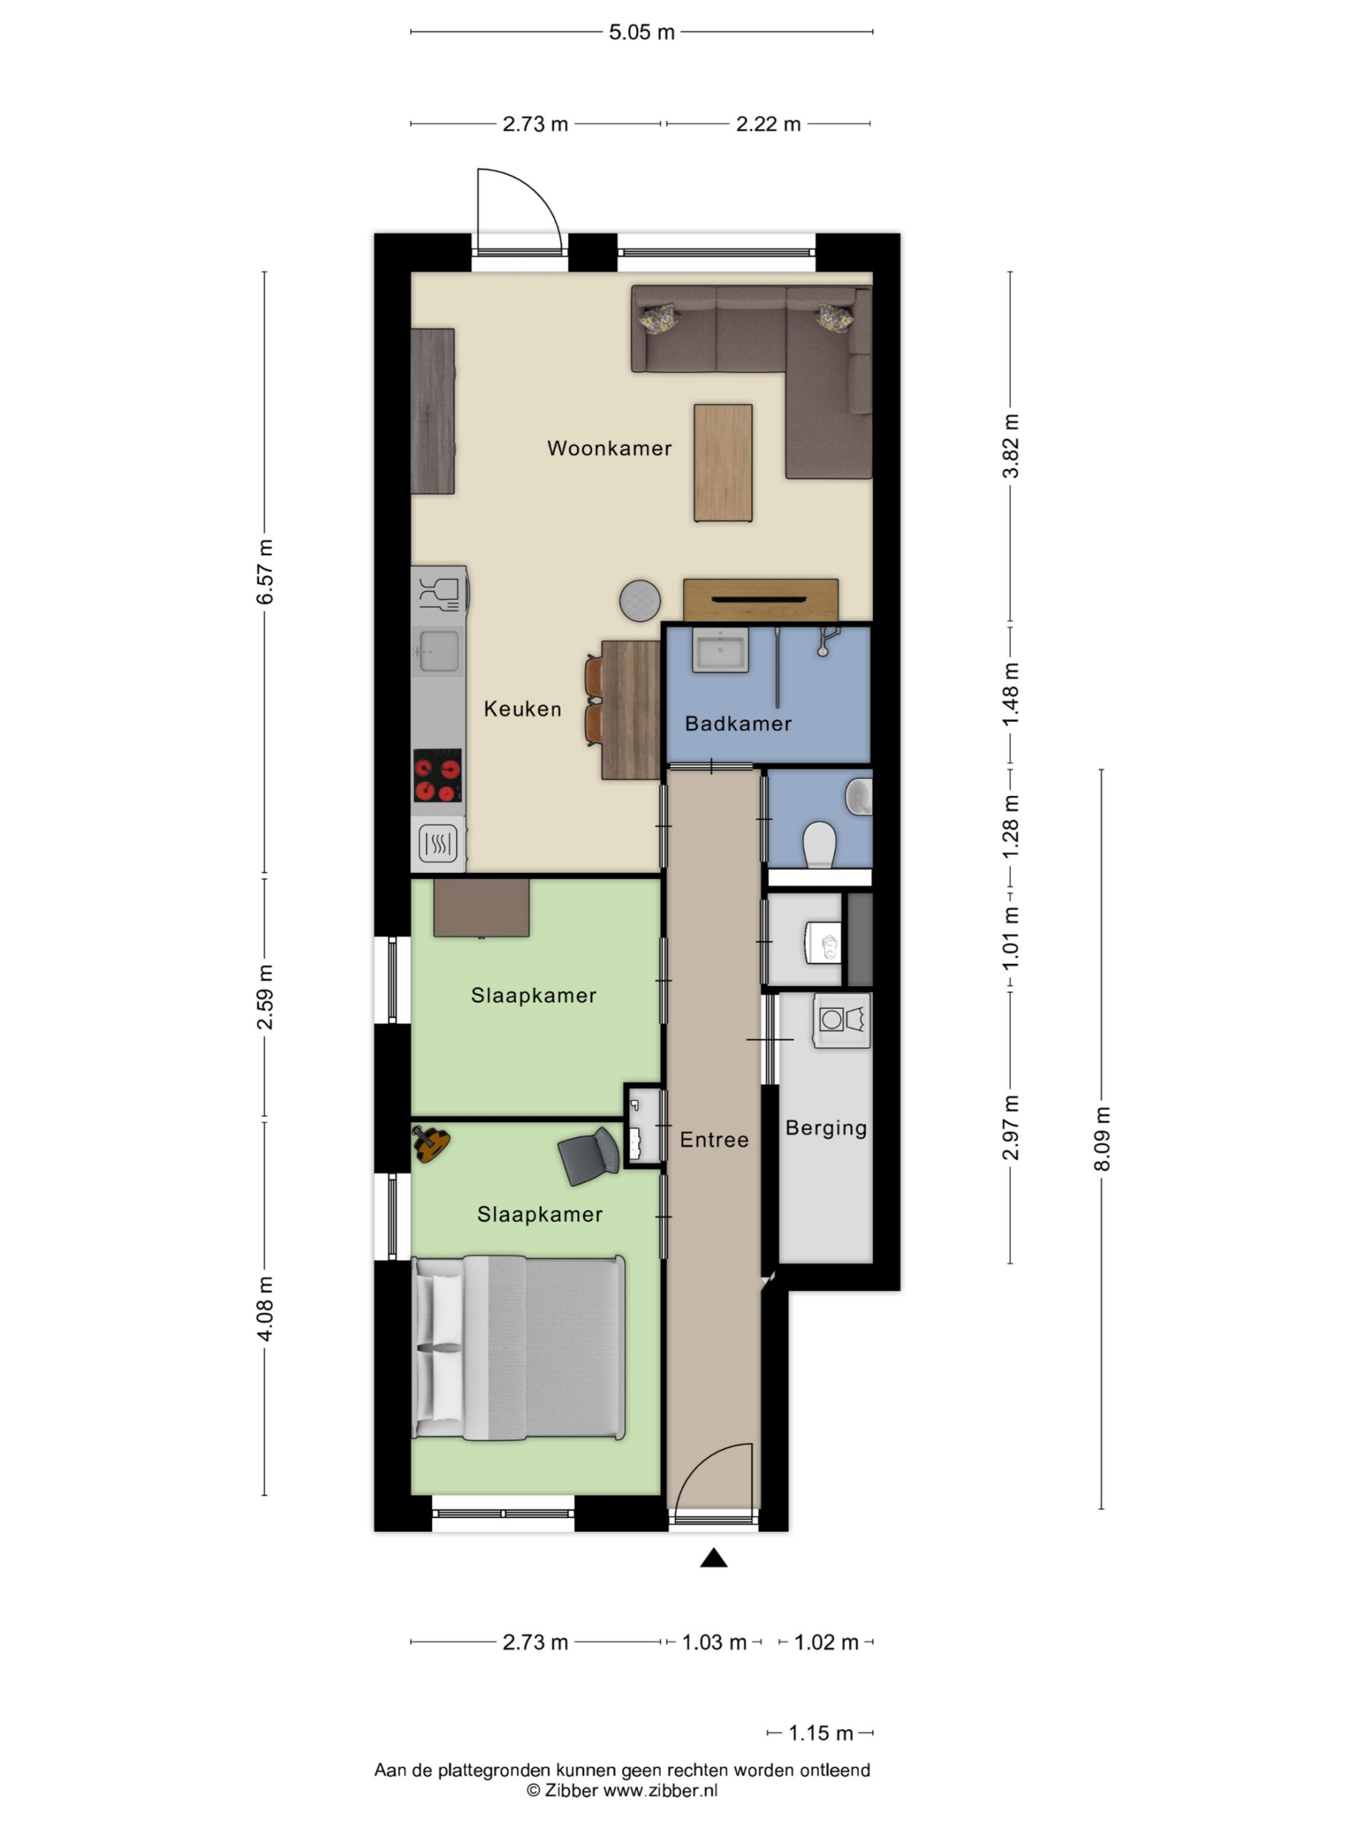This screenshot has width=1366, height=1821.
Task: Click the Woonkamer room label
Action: [609, 448]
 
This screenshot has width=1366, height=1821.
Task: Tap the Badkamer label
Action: [738, 723]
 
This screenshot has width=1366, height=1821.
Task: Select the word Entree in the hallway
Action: [714, 1140]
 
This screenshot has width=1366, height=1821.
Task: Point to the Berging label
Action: [826, 1128]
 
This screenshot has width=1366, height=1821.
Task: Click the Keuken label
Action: [522, 708]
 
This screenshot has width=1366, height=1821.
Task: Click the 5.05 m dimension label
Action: [642, 32]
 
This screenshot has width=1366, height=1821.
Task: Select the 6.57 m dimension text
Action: [265, 571]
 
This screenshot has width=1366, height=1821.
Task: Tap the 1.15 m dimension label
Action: [820, 1733]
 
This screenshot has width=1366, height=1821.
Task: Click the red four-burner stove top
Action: [438, 775]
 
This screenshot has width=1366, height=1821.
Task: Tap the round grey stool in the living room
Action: [640, 600]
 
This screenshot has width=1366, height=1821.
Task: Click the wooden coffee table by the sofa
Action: [723, 462]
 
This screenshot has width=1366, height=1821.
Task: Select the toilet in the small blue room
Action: [820, 844]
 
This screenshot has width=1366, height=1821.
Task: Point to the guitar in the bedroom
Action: [430, 1144]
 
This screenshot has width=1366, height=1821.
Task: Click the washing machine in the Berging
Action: [842, 1020]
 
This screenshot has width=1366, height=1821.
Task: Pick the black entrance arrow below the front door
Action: [714, 1558]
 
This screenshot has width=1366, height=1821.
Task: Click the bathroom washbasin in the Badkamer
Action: [721, 650]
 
